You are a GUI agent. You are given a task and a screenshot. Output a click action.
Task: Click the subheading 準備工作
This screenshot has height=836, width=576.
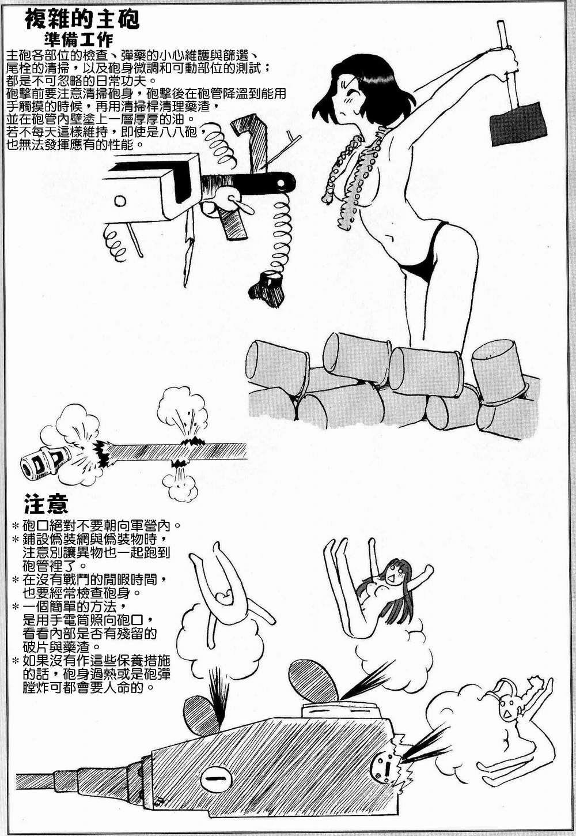[x=78, y=40]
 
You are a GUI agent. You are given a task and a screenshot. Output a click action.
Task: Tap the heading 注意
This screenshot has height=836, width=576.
[x=46, y=503]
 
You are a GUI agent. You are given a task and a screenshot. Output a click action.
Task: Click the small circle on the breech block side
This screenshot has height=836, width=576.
[x=120, y=201]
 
